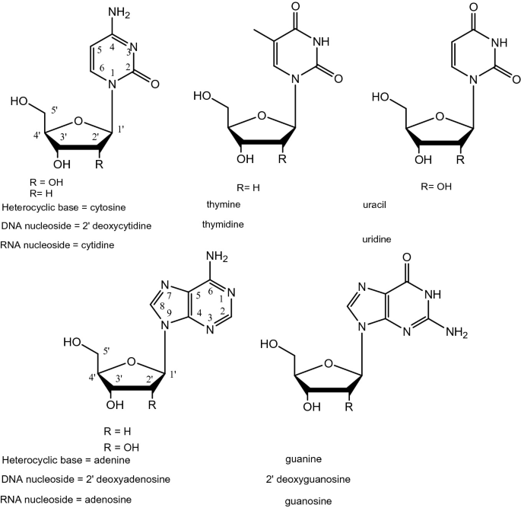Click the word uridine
377,239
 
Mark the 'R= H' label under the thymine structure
248,186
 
